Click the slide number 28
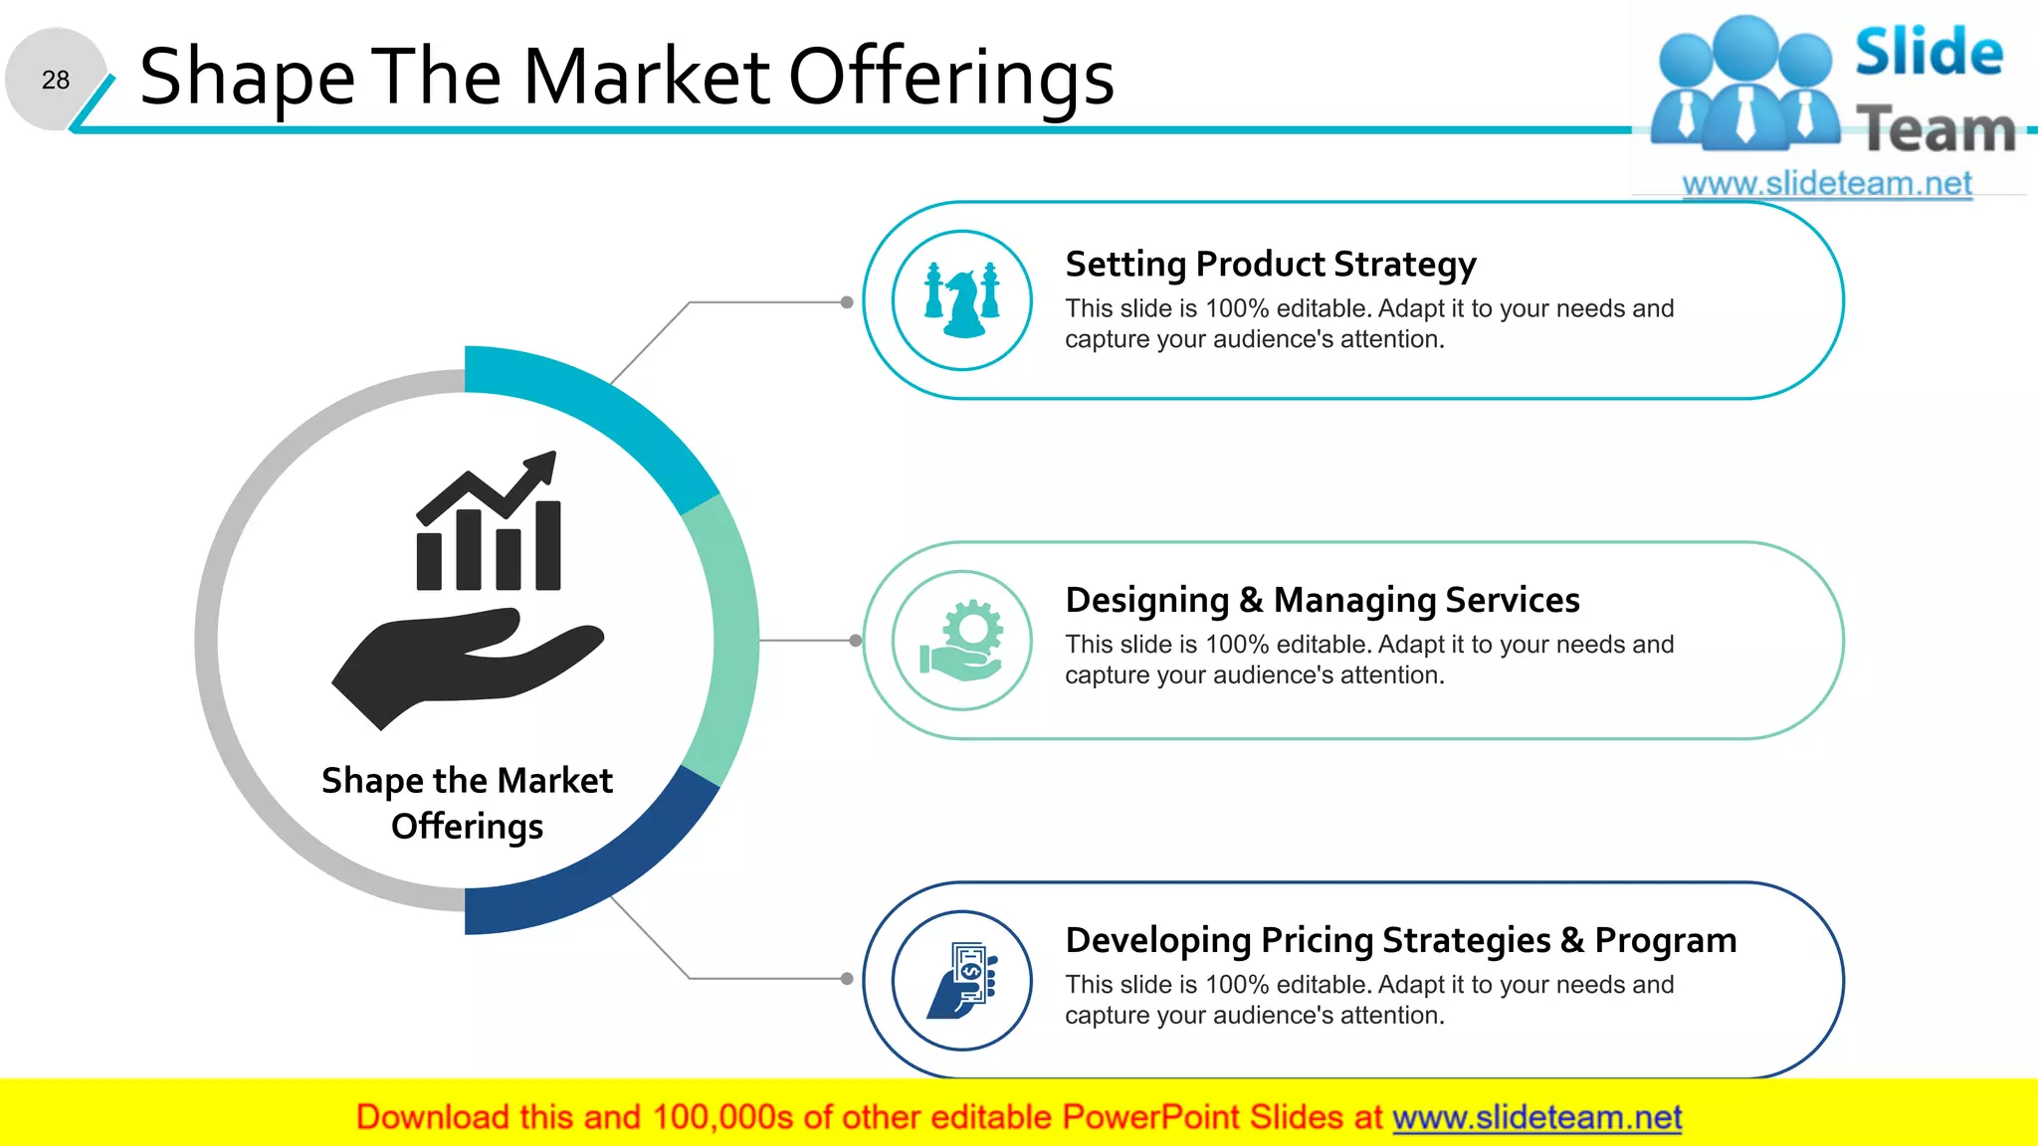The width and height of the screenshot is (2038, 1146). [x=56, y=80]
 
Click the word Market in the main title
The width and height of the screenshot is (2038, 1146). [x=646, y=77]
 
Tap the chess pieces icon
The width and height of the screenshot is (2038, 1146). [x=962, y=299]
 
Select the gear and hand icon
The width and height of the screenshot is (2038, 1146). [x=962, y=640]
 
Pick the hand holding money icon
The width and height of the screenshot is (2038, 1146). [x=962, y=980]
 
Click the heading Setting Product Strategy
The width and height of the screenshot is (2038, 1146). [x=1270, y=265]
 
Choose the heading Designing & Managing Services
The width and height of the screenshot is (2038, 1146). [x=1322, y=601]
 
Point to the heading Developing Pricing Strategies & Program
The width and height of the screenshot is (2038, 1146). [x=1400, y=941]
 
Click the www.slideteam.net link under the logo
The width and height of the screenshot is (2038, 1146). [x=1826, y=184]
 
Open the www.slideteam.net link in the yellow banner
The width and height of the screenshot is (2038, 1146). [x=1536, y=1117]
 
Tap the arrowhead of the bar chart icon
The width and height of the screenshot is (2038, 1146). [x=542, y=466]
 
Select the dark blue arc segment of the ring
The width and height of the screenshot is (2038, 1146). [x=597, y=875]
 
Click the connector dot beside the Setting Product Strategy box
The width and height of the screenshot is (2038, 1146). [x=847, y=302]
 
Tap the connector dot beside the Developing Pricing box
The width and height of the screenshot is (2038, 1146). [x=847, y=979]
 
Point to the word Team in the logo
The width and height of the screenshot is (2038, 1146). [x=1936, y=130]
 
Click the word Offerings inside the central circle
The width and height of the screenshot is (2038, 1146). [x=467, y=827]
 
